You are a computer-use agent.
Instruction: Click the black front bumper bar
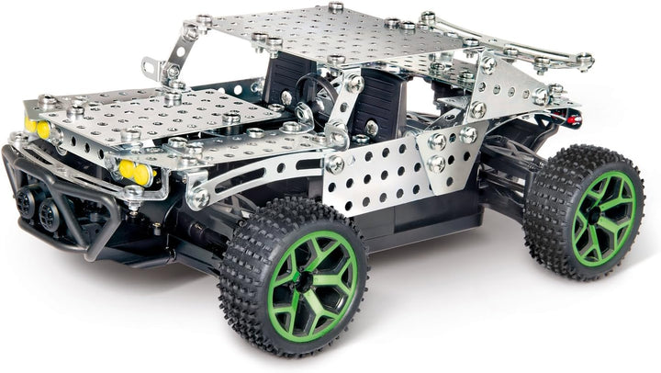[55, 198]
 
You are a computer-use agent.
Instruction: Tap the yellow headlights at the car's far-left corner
[38, 128]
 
